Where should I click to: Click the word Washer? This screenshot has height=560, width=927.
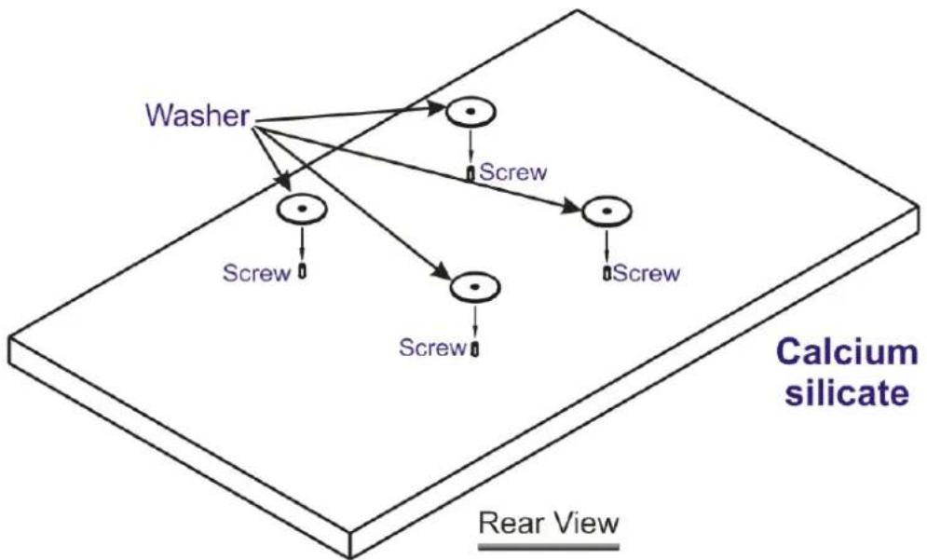click(x=198, y=116)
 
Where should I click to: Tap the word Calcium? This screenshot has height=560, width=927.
click(x=847, y=352)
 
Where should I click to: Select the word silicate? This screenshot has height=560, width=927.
click(x=847, y=392)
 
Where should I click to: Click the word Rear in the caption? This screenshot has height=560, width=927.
click(x=508, y=524)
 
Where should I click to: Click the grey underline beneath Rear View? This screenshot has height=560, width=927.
click(x=549, y=546)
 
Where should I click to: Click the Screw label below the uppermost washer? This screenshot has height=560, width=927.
click(x=513, y=172)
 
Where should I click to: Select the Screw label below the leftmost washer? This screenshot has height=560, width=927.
click(x=256, y=273)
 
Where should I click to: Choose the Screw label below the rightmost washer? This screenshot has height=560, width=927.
click(x=647, y=273)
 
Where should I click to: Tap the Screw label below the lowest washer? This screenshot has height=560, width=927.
click(x=433, y=348)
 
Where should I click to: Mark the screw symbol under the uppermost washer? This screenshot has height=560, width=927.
click(x=470, y=174)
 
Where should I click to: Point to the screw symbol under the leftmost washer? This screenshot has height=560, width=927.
click(x=302, y=271)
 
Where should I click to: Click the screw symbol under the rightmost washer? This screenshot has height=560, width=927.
click(x=607, y=273)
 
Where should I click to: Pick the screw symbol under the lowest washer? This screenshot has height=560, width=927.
click(x=475, y=348)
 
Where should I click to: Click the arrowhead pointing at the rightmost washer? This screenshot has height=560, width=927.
click(x=572, y=208)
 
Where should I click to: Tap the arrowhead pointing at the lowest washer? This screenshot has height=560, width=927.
click(x=443, y=273)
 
